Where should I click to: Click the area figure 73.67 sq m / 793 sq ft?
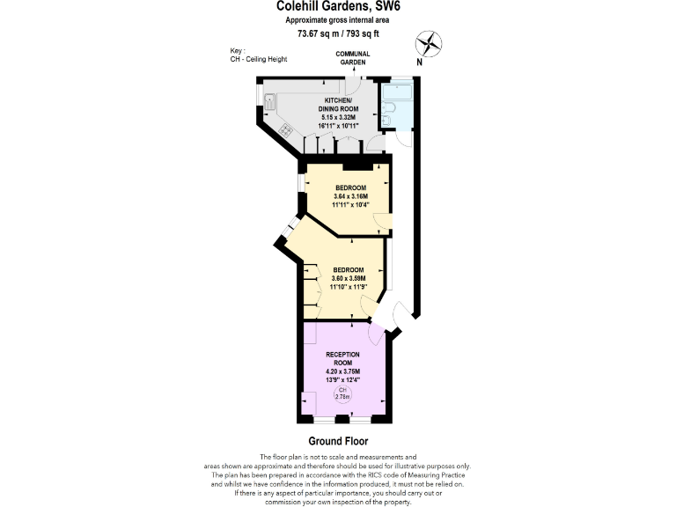pyautogui.click(x=338, y=34)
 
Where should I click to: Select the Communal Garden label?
pyautogui.click(x=353, y=59)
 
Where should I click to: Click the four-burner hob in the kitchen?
pyautogui.click(x=287, y=129)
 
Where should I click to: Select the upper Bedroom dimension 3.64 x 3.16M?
pyautogui.click(x=349, y=196)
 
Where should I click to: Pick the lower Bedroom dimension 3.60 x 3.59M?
pyautogui.click(x=347, y=278)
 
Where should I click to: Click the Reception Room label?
pyautogui.click(x=342, y=357)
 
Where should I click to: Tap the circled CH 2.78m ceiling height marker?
pyautogui.click(x=343, y=393)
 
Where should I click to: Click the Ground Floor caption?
pyautogui.click(x=338, y=441)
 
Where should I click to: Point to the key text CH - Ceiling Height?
pyautogui.click(x=258, y=59)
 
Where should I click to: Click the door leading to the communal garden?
pyautogui.click(x=352, y=84)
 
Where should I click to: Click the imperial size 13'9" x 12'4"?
pyautogui.click(x=342, y=379)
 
